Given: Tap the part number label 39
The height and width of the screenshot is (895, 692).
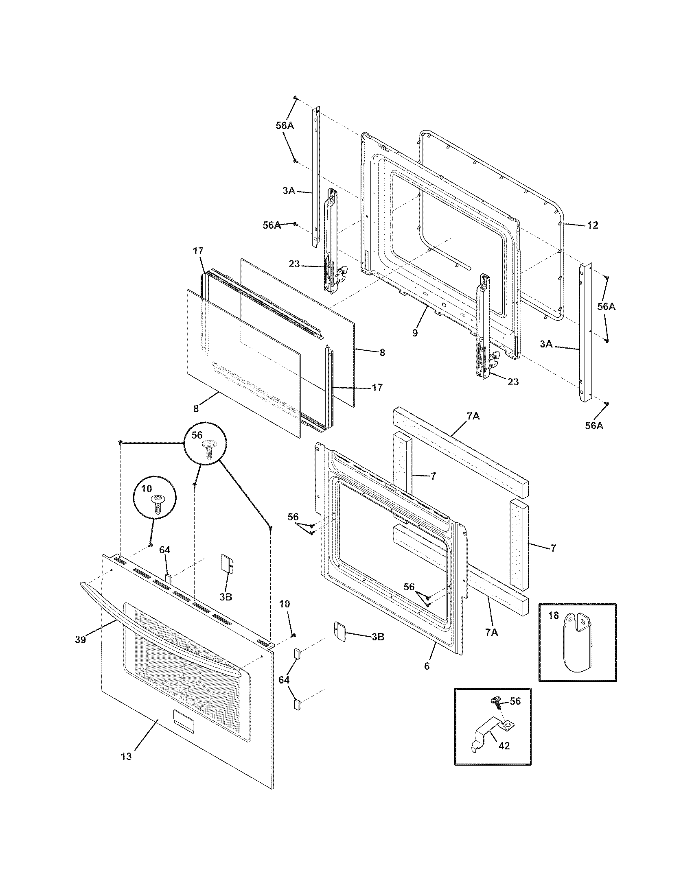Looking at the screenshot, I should click(80, 640).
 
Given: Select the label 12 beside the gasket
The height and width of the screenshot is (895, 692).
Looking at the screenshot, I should click(593, 225).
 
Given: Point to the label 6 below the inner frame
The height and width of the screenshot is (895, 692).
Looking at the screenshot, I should click(427, 666).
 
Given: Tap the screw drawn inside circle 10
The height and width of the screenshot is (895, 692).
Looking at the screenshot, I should click(157, 504).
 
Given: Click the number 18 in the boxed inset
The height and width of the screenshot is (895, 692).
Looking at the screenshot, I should click(554, 616).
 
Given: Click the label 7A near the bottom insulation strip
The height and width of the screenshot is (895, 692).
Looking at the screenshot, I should click(492, 633).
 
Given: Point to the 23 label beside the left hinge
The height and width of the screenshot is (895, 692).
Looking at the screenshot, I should click(294, 264).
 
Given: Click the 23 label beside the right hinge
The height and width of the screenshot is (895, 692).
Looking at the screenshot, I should click(513, 382).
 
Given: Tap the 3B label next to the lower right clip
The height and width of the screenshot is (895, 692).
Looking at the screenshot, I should click(377, 637).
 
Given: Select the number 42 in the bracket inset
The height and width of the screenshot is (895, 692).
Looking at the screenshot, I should click(504, 746).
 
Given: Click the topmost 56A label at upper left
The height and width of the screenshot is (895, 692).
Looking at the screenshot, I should click(285, 126).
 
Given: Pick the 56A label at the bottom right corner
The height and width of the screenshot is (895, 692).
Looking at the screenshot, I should click(594, 426).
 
